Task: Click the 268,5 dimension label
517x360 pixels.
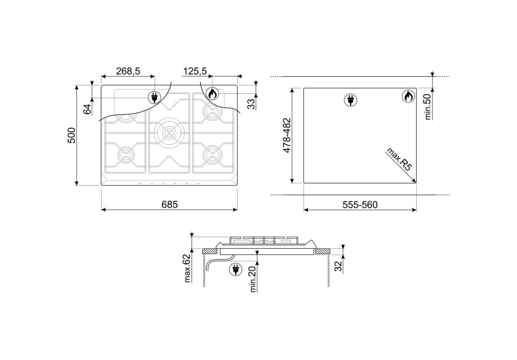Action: pos(128,71)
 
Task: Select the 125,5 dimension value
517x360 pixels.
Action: pos(195,71)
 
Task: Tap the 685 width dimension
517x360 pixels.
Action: pos(169,204)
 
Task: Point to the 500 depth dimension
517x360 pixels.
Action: pos(71,135)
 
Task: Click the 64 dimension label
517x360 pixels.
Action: pos(87,109)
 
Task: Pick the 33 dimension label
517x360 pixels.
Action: pos(251,104)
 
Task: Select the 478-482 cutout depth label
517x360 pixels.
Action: pos(287,135)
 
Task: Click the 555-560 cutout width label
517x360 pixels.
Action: pos(360,205)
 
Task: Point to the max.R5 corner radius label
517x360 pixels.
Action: pos(399,159)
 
